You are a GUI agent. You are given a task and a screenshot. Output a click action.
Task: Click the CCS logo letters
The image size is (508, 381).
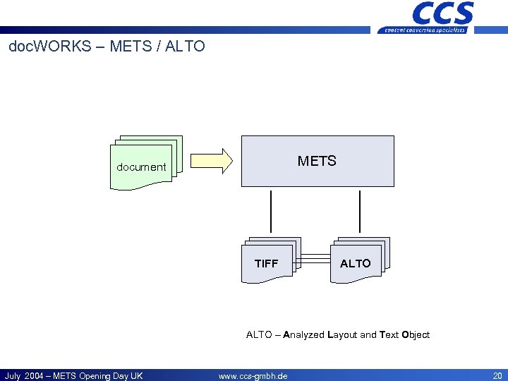(x=443, y=13)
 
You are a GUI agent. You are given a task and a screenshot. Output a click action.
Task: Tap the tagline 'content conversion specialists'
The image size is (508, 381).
(x=425, y=30)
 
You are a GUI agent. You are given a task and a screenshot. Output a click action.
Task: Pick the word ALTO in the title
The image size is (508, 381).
(x=186, y=47)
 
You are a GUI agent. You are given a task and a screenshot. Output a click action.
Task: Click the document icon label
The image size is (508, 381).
(x=141, y=167)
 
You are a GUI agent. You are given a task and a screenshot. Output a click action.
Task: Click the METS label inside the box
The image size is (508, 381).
(x=317, y=161)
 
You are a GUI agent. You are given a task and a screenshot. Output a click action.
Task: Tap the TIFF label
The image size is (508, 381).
(x=266, y=263)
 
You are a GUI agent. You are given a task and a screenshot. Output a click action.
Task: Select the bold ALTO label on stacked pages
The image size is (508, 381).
(x=355, y=263)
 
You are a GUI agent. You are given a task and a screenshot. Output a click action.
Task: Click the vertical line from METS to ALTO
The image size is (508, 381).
(x=360, y=211)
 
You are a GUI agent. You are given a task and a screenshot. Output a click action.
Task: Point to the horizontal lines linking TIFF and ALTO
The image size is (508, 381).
(x=315, y=260)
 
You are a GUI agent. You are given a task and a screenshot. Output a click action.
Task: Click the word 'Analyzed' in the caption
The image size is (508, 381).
(x=304, y=334)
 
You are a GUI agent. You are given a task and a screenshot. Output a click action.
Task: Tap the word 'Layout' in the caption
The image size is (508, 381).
(x=342, y=334)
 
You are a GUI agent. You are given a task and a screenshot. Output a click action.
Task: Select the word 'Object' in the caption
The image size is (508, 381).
(x=416, y=334)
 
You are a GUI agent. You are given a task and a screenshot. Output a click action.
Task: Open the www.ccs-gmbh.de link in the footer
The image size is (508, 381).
(x=253, y=376)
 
